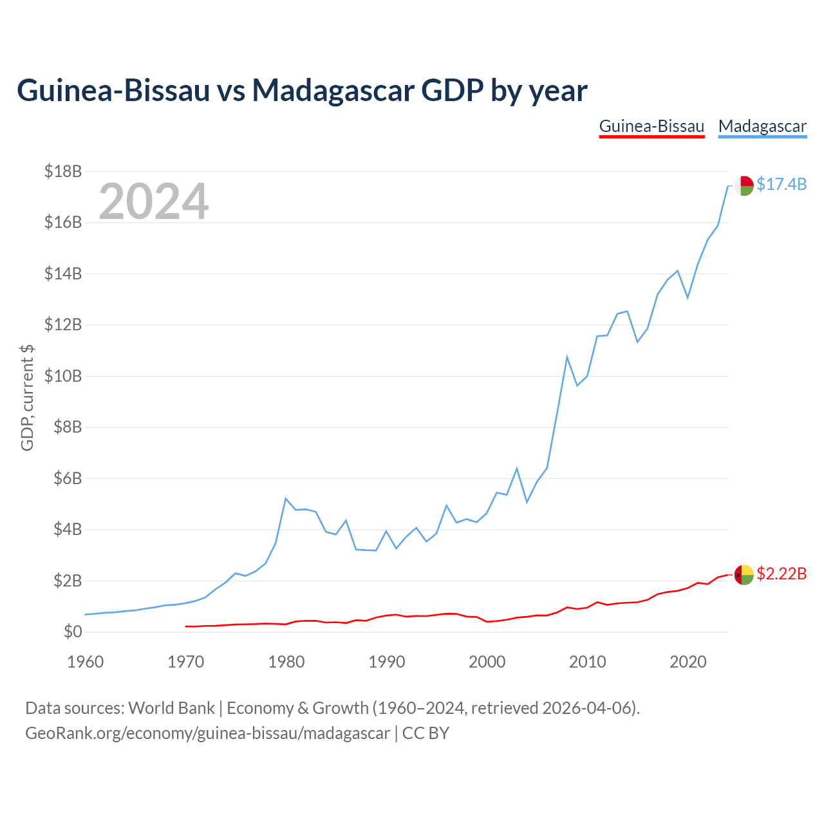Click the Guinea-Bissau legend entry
tap(651, 126)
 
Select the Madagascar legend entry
tap(762, 127)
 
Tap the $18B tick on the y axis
tap(63, 171)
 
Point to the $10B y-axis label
tap(63, 376)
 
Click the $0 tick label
tap(73, 632)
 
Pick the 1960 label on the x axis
tap(86, 662)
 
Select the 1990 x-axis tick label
tap(386, 662)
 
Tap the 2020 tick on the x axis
tap(688, 662)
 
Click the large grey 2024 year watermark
tap(153, 201)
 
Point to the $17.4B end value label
tap(782, 184)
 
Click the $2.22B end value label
tap(782, 574)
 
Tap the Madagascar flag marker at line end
tap(744, 185)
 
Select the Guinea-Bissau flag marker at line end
tap(744, 575)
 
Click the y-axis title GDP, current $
tap(27, 398)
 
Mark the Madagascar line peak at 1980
tap(286, 498)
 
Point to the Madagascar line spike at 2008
tap(567, 357)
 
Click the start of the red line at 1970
tap(185, 626)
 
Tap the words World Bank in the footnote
tap(171, 708)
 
